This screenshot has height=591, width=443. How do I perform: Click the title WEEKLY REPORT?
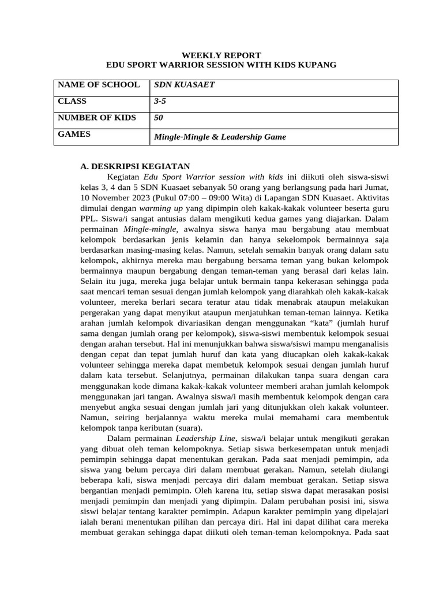pyautogui.click(x=221, y=55)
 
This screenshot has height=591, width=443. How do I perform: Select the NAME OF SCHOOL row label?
pyautogui.click(x=99, y=85)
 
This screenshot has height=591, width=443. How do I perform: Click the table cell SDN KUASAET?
pyautogui.click(x=184, y=85)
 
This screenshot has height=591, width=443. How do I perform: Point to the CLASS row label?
pyautogui.click(x=72, y=101)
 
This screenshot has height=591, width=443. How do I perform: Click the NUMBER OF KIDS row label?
pyautogui.click(x=97, y=118)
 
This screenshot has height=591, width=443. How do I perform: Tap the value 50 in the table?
pyautogui.click(x=158, y=118)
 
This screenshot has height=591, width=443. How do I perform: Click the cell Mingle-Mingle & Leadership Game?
pyautogui.click(x=219, y=137)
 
